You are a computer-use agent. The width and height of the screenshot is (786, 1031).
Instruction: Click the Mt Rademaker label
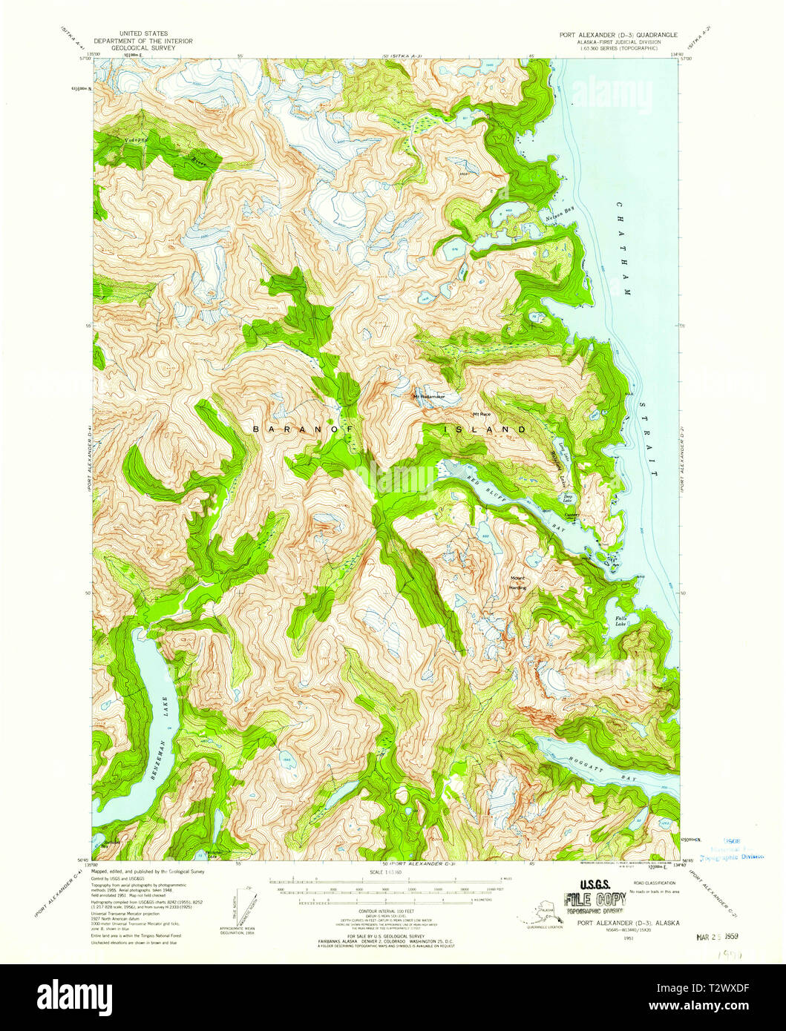pos(429,396)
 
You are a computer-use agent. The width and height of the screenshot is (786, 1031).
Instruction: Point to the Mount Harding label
pos(517,583)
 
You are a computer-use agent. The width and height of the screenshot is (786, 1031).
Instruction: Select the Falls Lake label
pos(620,621)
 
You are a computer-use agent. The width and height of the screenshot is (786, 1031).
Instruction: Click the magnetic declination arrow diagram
pos(244,906)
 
